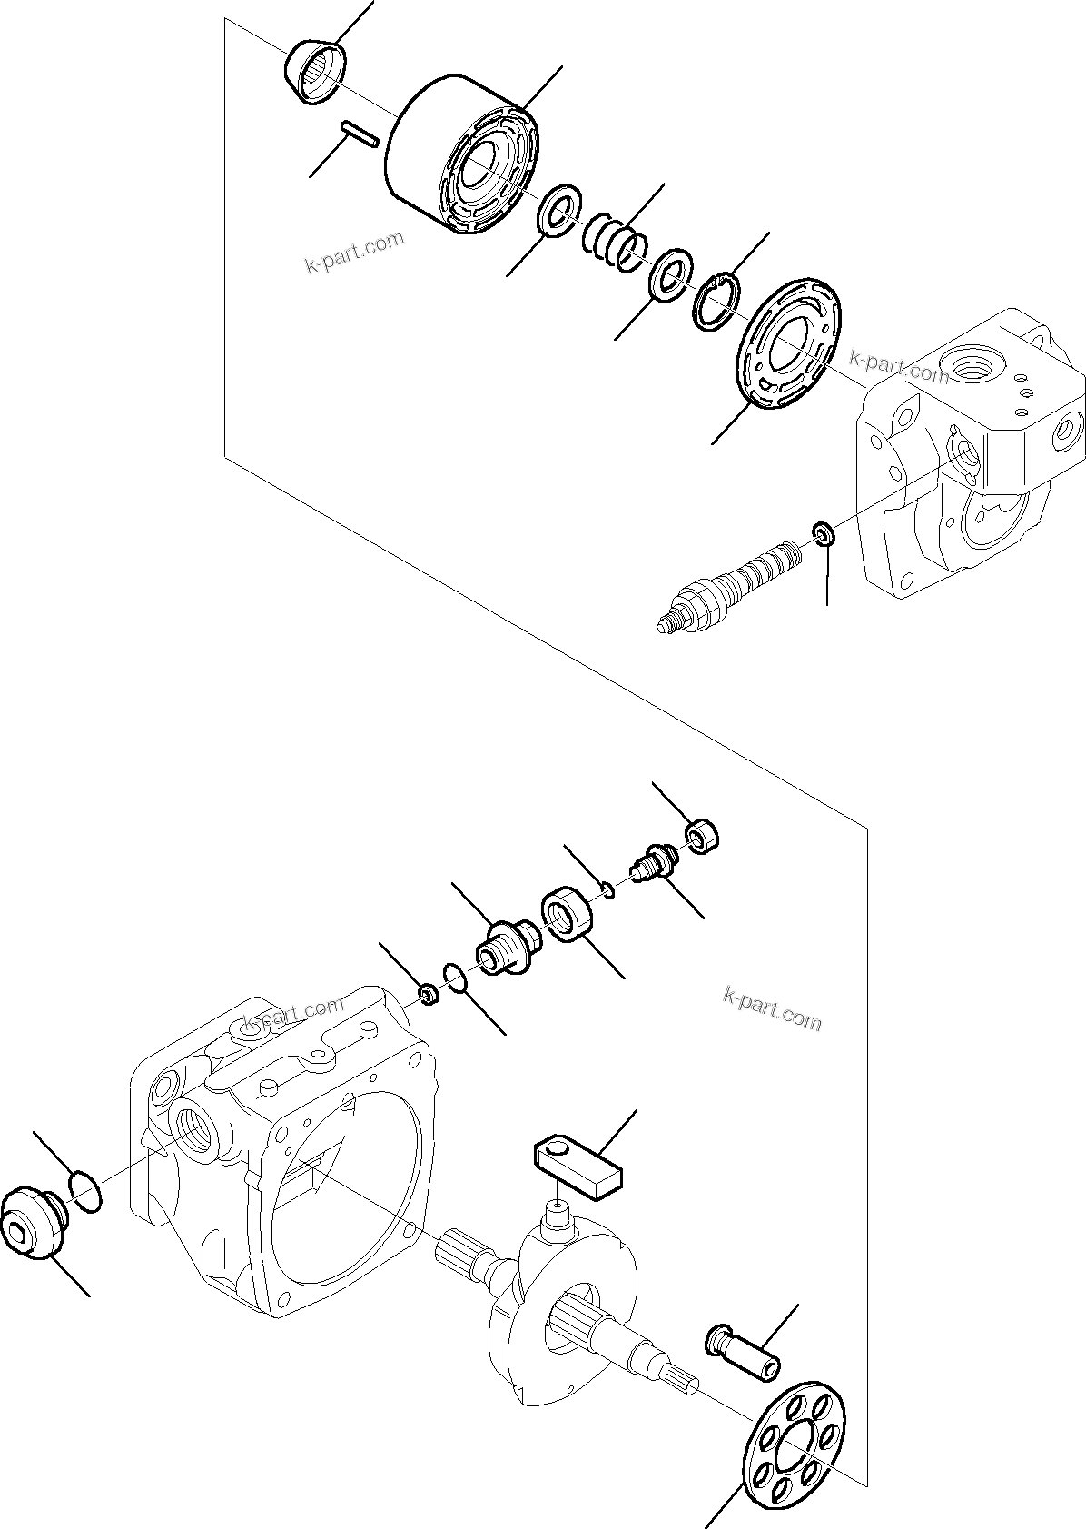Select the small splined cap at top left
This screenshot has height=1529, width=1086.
[317, 71]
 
